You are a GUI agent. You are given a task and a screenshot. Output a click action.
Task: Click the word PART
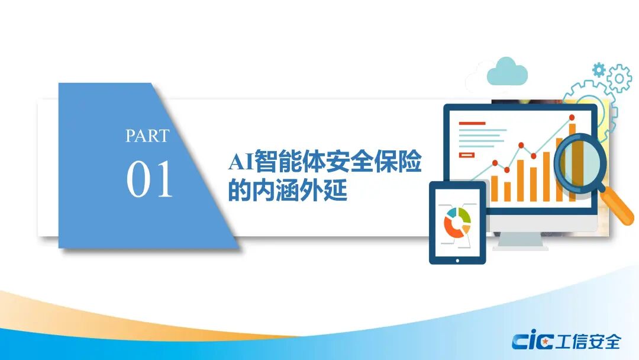[x=147, y=136]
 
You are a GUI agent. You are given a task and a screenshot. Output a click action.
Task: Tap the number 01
[x=149, y=179]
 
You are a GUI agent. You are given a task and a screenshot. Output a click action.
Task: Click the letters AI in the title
[x=241, y=162]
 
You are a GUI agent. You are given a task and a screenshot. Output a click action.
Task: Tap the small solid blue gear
[x=599, y=70]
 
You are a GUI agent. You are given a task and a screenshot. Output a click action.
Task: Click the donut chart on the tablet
[x=457, y=223]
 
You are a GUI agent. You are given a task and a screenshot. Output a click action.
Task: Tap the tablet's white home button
[x=457, y=261]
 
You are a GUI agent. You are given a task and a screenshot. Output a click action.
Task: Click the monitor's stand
[x=521, y=238]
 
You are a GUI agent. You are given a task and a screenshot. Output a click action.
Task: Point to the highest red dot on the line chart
[x=572, y=117]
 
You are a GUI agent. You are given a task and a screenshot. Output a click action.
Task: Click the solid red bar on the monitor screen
[x=472, y=123]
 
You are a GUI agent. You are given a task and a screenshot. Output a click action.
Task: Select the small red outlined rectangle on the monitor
[x=467, y=155]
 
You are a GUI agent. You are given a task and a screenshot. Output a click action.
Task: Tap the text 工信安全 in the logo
[x=589, y=342]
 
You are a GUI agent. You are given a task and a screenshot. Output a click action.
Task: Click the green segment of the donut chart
[x=464, y=214]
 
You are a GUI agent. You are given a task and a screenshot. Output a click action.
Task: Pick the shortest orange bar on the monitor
[x=508, y=192]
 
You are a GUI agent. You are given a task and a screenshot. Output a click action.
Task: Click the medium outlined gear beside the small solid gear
[x=619, y=78]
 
